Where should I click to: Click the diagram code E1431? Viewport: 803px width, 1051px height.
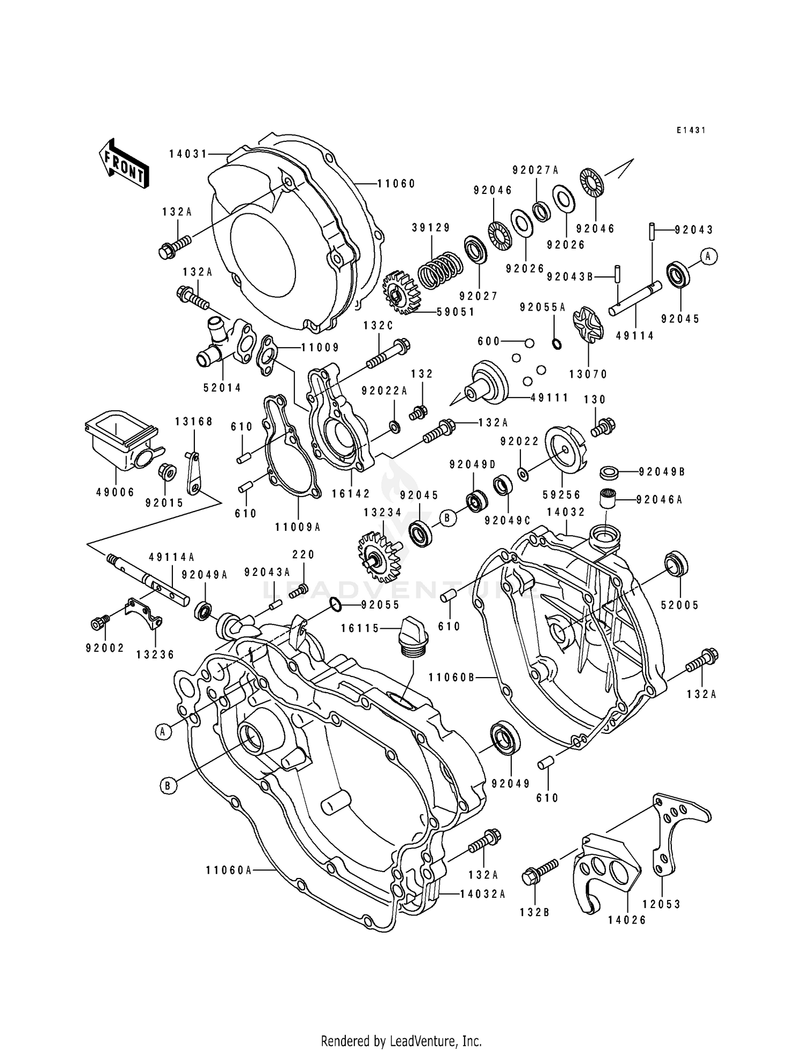pos(690,130)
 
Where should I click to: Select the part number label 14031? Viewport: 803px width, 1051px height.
pos(188,154)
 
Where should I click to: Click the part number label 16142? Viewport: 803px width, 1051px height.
pos(351,494)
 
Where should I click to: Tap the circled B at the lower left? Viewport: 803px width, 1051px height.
pos(168,785)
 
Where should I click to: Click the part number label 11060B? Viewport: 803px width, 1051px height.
pos(452,677)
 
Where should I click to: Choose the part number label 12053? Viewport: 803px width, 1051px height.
pos(662,904)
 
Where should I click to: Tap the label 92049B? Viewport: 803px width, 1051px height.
pos(662,472)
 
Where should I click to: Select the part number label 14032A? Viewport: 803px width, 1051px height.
pos(483,894)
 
